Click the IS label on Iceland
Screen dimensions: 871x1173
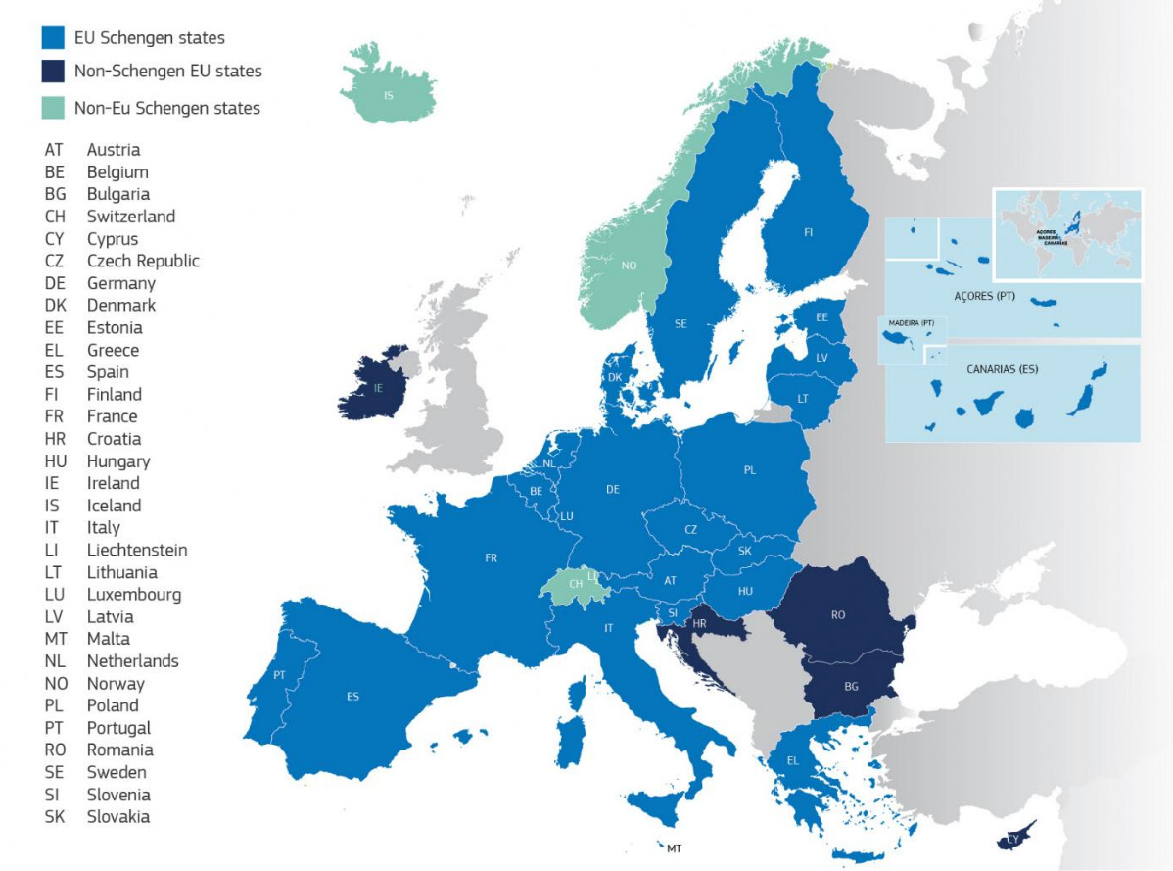[389, 96]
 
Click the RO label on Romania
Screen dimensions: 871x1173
[838, 615]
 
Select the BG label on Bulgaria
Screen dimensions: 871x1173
[851, 687]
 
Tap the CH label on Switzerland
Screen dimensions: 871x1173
[577, 584]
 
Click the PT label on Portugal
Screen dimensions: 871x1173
[279, 675]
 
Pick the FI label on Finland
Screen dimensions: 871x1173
[808, 233]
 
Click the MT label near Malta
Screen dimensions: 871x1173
[674, 848]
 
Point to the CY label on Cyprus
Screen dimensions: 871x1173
[1014, 840]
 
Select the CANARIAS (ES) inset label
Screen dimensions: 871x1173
[1002, 370]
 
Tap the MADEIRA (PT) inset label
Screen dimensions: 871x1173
[911, 323]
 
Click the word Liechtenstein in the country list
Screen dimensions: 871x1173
[137, 550]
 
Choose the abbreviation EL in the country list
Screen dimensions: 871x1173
[54, 350]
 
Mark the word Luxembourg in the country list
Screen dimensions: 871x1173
[134, 595]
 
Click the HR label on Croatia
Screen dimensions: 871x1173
[699, 624]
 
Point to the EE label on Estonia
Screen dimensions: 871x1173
[821, 317]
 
